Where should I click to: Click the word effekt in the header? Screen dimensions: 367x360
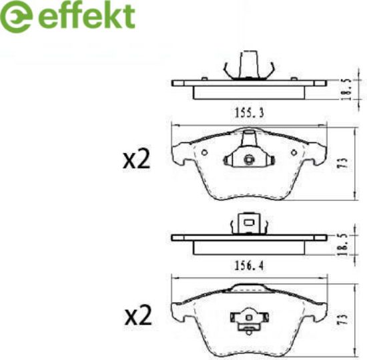coord(86,16)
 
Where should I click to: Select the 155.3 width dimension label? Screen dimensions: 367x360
coord(249,113)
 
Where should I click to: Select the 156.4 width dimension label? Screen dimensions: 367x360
coord(249,266)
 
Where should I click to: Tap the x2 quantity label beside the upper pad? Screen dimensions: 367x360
coord(136,160)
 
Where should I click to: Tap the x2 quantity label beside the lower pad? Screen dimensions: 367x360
coord(138,316)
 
